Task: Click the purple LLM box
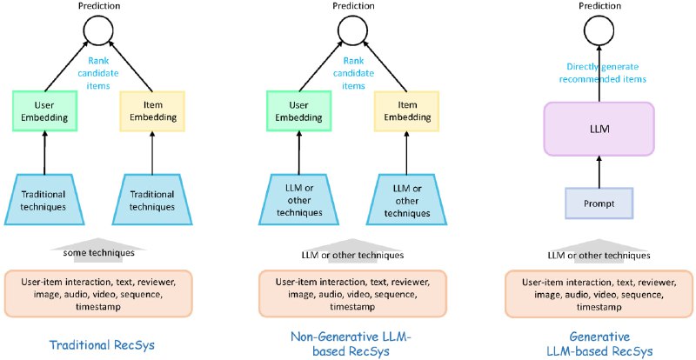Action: [599, 129]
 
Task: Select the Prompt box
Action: [599, 203]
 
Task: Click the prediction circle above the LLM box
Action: [599, 34]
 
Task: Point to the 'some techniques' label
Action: [97, 254]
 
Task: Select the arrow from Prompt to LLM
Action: [599, 171]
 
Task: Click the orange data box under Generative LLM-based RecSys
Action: [599, 294]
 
